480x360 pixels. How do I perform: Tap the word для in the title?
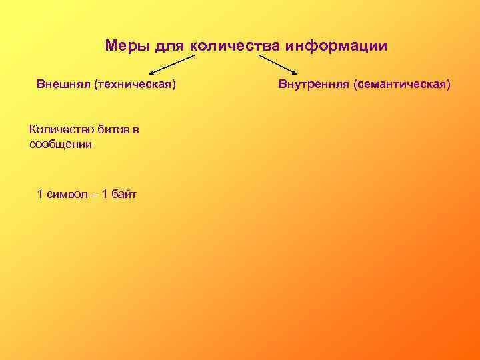pyautogui.click(x=170, y=47)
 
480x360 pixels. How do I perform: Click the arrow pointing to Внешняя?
pyautogui.click(x=173, y=65)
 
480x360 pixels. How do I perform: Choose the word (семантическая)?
pyautogui.click(x=402, y=85)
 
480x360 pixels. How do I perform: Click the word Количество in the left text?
pyautogui.click(x=58, y=129)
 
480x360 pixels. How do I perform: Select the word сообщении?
pyautogui.click(x=61, y=143)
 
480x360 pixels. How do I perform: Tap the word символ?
pyautogui.click(x=67, y=194)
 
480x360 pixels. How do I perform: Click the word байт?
pyautogui.click(x=124, y=194)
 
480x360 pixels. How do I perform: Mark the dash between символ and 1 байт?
pyautogui.click(x=93, y=194)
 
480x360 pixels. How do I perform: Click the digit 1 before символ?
pyautogui.click(x=41, y=194)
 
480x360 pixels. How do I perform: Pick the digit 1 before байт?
pyautogui.click(x=104, y=194)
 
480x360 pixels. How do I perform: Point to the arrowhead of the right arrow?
pyautogui.click(x=295, y=72)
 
